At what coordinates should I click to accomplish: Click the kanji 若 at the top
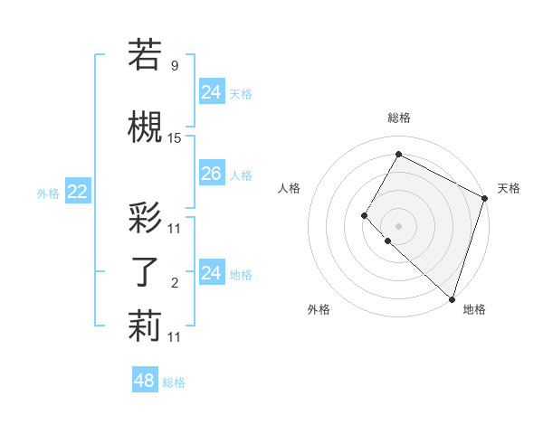[x=145, y=54]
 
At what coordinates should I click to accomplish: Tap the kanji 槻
[x=145, y=127]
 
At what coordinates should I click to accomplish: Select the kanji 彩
[x=145, y=217]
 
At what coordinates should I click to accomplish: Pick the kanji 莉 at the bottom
[x=145, y=326]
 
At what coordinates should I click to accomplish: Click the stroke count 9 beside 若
[x=175, y=65]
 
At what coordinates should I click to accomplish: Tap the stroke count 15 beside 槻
[x=175, y=138]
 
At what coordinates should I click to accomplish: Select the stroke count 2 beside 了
[x=175, y=284]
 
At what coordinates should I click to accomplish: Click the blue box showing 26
[x=211, y=175]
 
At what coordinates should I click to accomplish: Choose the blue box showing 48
[x=145, y=381]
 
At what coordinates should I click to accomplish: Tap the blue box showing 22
[x=77, y=192]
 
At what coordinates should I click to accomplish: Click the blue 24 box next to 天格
[x=211, y=91]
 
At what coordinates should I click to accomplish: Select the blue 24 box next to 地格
[x=211, y=273]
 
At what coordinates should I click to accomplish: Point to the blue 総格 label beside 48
[x=174, y=382]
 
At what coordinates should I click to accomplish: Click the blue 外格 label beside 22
[x=48, y=193]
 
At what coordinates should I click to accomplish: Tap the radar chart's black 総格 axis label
[x=398, y=118]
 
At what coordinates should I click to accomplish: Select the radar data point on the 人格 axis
[x=364, y=215]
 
